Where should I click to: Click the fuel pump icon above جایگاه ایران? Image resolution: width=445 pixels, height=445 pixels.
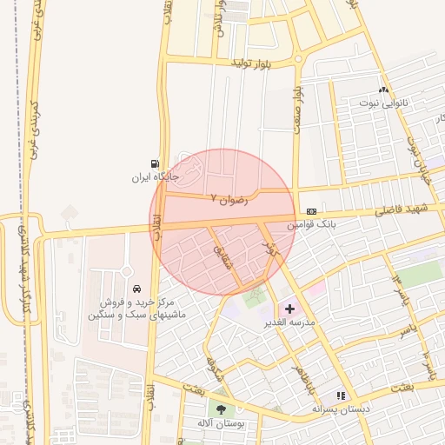155,163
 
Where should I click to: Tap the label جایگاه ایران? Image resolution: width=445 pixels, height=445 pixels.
155,176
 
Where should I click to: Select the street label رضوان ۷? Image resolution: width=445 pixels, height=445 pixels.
229,198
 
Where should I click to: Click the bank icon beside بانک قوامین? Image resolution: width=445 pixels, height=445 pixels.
311,212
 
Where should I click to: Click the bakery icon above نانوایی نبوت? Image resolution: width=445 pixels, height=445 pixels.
383,90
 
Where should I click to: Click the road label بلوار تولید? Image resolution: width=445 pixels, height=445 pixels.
253,63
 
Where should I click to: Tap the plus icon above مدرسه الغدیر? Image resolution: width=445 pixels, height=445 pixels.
289,309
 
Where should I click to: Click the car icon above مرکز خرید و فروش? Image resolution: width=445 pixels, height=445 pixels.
136,289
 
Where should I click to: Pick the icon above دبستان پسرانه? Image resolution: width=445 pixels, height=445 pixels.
341,395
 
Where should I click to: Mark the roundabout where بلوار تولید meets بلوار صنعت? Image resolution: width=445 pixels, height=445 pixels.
298,59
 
